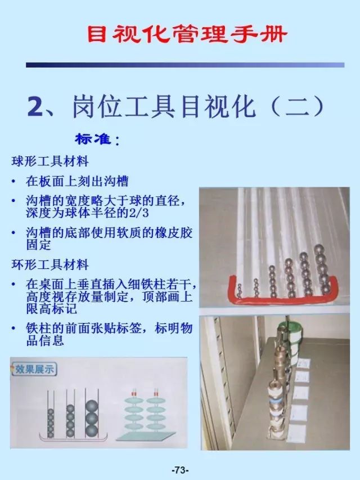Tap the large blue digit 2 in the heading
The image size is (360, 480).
tap(38, 106)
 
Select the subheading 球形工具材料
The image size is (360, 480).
tap(51, 162)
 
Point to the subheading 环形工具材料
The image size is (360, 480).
tap(51, 263)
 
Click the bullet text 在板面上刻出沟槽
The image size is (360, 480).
tap(77, 181)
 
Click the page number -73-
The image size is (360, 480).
tap(179, 470)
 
